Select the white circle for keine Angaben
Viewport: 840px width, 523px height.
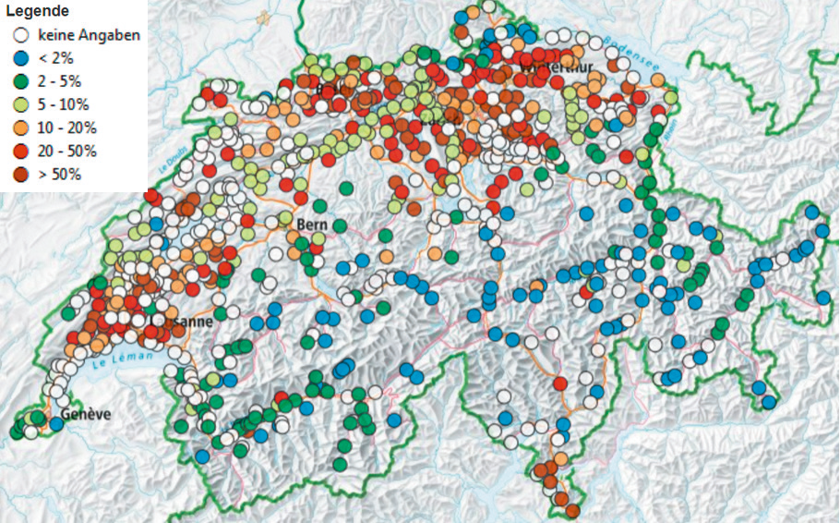(x=18, y=36)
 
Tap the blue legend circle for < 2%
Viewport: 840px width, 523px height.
(x=18, y=59)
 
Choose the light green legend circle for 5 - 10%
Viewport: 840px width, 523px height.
(x=18, y=104)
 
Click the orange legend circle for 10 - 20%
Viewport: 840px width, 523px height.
(x=18, y=128)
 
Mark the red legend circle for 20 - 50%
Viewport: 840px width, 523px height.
(x=18, y=151)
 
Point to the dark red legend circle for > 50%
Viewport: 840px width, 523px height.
(x=18, y=174)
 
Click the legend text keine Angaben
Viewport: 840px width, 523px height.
(x=89, y=36)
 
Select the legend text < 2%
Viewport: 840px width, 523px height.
(x=59, y=59)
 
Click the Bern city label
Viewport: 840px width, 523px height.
(x=312, y=225)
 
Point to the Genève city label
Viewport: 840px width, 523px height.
(x=86, y=415)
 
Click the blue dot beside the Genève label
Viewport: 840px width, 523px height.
(x=56, y=423)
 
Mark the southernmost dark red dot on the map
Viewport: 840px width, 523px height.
(x=572, y=510)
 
